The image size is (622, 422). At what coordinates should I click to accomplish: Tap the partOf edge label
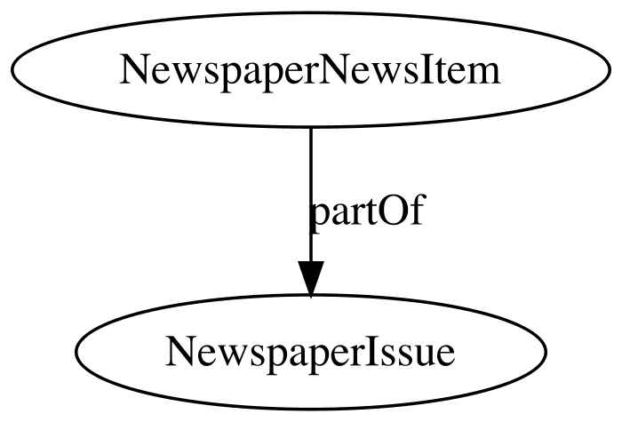(365, 213)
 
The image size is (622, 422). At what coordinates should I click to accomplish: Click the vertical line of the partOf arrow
(310, 178)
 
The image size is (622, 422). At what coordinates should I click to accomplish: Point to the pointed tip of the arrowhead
(310, 297)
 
